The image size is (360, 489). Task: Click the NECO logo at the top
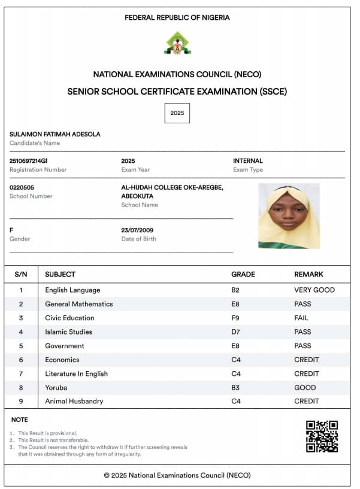(177, 43)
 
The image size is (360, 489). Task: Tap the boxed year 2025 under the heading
(177, 113)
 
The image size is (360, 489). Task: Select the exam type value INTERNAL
(248, 161)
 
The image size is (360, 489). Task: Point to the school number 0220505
(22, 187)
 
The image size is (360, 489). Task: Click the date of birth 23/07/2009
(138, 230)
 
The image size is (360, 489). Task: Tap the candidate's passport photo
(289, 216)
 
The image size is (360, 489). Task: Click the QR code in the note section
(322, 436)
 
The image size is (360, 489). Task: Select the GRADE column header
(243, 274)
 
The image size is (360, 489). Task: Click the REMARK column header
(308, 274)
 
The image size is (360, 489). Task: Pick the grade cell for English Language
(236, 290)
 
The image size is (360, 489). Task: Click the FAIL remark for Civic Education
(301, 318)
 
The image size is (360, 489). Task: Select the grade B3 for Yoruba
(236, 387)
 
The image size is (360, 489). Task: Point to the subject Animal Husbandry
(74, 401)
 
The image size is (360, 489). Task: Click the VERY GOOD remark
(314, 290)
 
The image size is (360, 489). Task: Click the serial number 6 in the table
(21, 360)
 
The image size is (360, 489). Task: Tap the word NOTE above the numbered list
(20, 420)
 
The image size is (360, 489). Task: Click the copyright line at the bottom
(177, 475)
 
